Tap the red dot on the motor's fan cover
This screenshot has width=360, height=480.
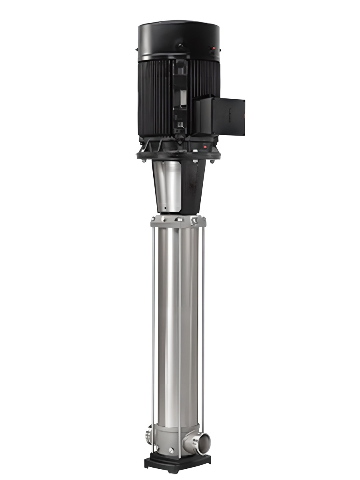pos(213,48)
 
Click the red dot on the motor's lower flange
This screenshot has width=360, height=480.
pos(205,147)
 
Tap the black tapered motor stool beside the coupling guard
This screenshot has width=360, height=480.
pos(194,186)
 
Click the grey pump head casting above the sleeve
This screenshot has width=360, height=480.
pos(178,221)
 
